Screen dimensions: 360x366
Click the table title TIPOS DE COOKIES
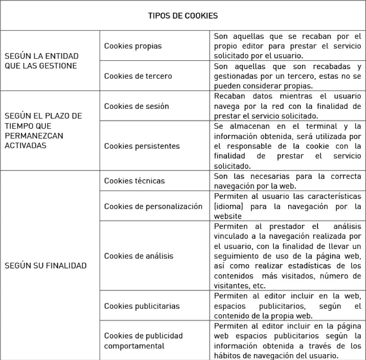tap(183, 16)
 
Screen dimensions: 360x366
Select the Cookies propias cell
tap(133, 46)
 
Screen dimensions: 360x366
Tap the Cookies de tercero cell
tap(138, 76)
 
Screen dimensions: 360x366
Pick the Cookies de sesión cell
tap(136, 106)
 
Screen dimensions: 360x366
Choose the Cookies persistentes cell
tap(142, 146)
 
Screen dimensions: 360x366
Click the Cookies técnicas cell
tap(134, 180)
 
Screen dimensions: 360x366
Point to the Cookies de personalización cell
tap(153, 206)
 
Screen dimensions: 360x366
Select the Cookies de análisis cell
tap(139, 256)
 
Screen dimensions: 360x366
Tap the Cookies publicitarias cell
tap(142, 306)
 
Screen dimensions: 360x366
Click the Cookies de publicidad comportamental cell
tap(143, 340)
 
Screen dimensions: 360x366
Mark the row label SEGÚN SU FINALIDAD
tap(45, 266)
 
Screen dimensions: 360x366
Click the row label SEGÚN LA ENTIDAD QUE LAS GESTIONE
tap(41, 61)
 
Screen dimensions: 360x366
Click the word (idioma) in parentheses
tap(228, 206)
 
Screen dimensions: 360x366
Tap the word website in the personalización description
tap(227, 216)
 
